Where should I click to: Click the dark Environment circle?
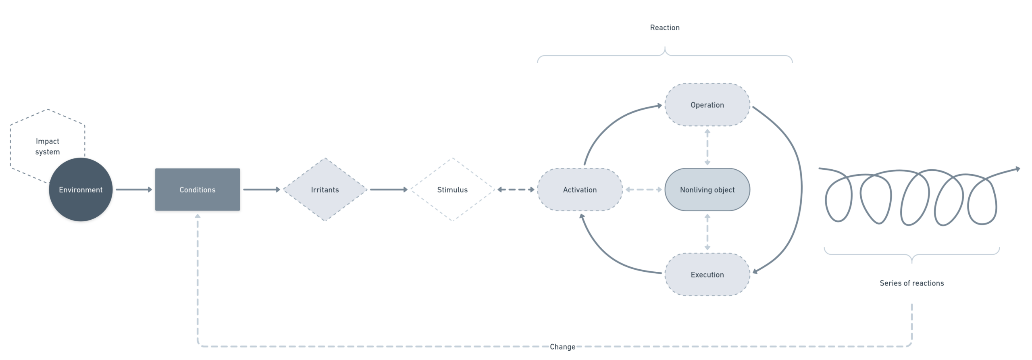(x=81, y=189)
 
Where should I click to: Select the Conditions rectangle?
(x=198, y=189)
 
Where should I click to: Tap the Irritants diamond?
(x=325, y=189)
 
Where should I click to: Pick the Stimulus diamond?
(x=452, y=189)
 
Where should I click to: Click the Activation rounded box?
(x=580, y=189)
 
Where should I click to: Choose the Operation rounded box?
(x=707, y=105)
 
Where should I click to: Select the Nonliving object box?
(x=707, y=189)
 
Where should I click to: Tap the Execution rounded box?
(x=707, y=275)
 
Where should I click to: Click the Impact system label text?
(x=48, y=146)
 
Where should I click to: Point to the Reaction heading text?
(x=665, y=27)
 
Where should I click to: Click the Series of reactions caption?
(x=911, y=283)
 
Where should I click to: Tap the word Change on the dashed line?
(x=562, y=347)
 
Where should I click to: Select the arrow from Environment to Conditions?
(x=134, y=189)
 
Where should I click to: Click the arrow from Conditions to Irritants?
(x=261, y=189)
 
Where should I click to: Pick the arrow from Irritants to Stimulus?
(x=389, y=189)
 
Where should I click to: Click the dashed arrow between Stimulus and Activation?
(x=516, y=189)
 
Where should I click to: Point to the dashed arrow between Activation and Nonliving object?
(x=643, y=189)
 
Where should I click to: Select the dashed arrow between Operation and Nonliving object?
(x=707, y=147)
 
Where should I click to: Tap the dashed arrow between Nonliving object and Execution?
(x=707, y=232)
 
